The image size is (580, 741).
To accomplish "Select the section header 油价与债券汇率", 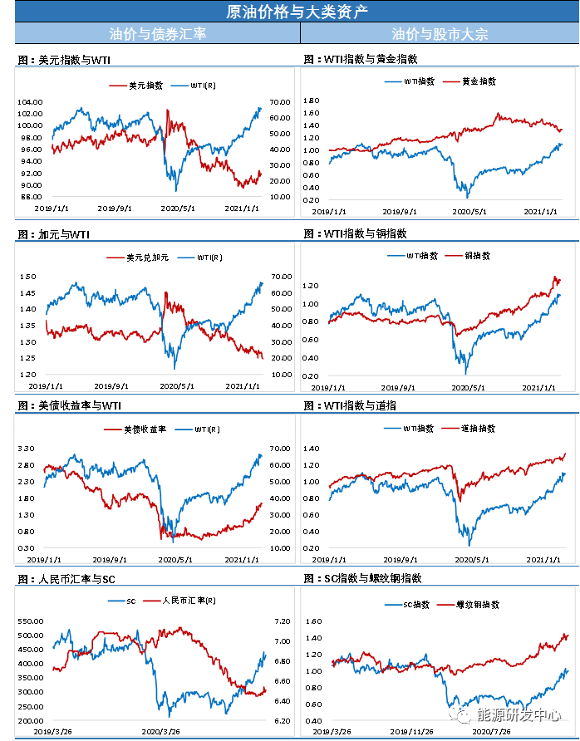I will [158, 34].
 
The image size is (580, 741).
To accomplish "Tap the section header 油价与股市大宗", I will [440, 34].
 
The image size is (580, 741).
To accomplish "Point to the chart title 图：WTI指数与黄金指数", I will [361, 60].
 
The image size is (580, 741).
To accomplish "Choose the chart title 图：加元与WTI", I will [53, 235].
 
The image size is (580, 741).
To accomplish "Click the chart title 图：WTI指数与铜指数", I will [356, 234].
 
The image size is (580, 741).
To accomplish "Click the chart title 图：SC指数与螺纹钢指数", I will [366, 577].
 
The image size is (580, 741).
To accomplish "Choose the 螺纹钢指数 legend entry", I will [477, 605].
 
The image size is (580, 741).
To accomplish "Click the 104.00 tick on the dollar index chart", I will [31, 101].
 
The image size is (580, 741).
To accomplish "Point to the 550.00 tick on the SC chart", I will [31, 621].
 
